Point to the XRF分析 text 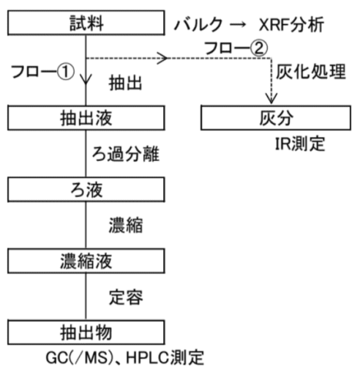point(291,25)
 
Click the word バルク point(198,25)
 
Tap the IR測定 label point(300,144)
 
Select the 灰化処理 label point(311,72)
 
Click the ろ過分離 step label point(126,154)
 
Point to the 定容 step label point(126,297)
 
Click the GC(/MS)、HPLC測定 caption point(124,358)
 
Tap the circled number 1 point(66,72)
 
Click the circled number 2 point(259,48)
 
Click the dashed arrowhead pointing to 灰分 point(271,98)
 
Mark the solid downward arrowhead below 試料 point(86,79)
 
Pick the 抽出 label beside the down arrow point(125,83)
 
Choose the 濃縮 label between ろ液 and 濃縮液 point(126,226)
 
